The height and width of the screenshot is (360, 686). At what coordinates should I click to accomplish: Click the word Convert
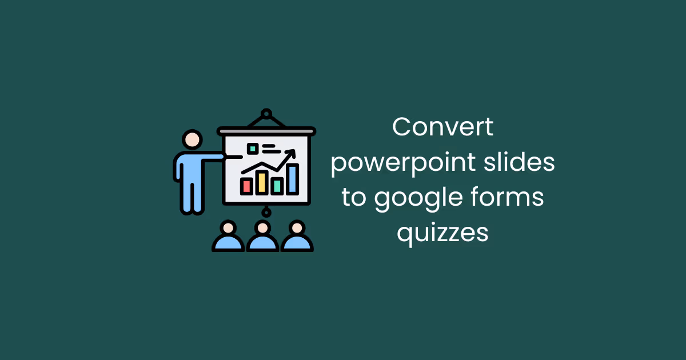click(442, 127)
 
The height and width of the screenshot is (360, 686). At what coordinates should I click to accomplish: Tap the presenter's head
click(192, 139)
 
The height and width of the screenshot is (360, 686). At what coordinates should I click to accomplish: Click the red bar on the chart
click(247, 185)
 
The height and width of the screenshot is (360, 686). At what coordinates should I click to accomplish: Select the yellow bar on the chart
click(262, 182)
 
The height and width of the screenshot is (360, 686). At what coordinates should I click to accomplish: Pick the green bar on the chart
click(277, 185)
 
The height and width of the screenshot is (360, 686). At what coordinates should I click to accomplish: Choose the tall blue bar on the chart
click(293, 178)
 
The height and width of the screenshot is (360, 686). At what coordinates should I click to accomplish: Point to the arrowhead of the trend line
click(292, 153)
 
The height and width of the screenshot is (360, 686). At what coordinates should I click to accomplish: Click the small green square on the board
click(252, 149)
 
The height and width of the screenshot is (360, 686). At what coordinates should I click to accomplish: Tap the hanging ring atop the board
click(266, 114)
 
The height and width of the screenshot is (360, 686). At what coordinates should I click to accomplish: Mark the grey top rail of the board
click(266, 131)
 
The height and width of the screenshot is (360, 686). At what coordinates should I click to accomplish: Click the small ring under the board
click(266, 212)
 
